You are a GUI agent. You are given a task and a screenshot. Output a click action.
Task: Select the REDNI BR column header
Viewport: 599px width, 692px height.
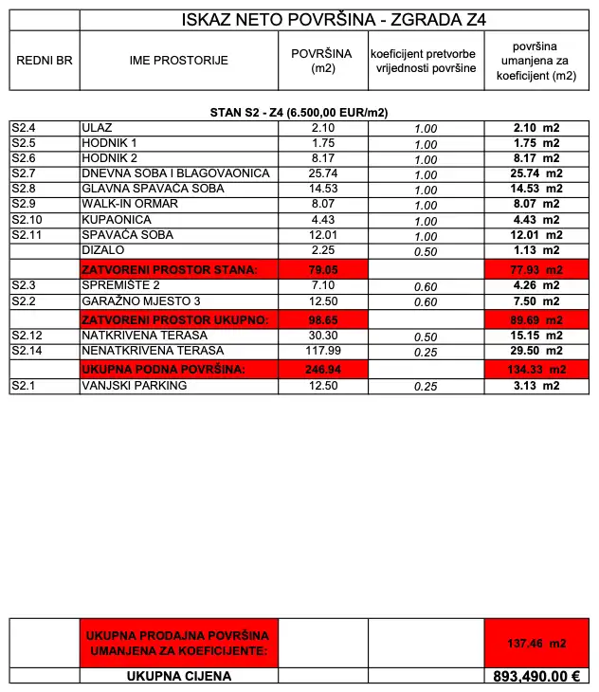[x=45, y=60]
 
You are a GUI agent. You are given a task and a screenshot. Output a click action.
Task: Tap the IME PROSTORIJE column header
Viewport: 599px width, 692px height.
[x=179, y=60]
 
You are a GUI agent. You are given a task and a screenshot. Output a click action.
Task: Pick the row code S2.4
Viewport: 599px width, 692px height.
[x=23, y=128]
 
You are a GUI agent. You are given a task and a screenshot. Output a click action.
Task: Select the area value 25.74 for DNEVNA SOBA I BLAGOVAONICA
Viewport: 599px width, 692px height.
[x=323, y=174]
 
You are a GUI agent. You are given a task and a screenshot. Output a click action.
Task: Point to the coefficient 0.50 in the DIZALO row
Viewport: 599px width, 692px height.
[x=426, y=251]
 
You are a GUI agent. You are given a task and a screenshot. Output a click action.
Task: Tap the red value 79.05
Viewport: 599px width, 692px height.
[x=323, y=270]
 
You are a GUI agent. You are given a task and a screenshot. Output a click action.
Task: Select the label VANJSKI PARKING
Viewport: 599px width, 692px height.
[x=135, y=386]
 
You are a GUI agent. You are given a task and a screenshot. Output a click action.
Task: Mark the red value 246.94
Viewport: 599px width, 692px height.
[x=323, y=368]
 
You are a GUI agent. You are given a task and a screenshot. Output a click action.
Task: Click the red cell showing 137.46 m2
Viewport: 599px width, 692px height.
[x=536, y=643]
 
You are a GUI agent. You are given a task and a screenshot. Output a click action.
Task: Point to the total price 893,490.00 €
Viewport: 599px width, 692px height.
[x=536, y=677]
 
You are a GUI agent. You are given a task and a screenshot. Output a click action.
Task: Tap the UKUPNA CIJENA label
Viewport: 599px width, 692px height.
[x=179, y=677]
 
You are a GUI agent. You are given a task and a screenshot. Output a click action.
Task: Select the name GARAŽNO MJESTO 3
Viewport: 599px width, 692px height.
[x=142, y=301]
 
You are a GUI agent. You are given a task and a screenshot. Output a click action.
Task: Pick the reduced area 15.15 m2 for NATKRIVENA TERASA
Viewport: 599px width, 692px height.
[x=536, y=336]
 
